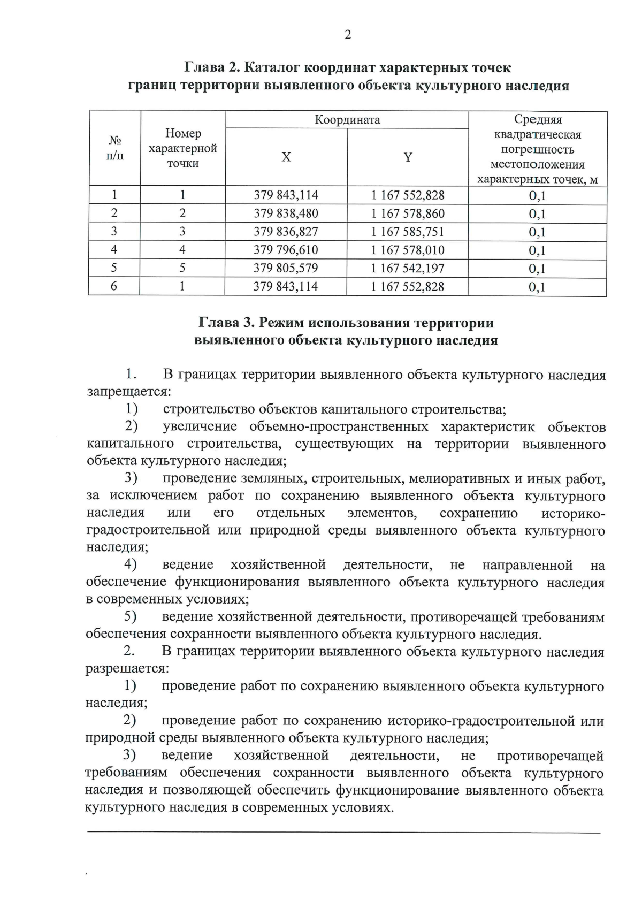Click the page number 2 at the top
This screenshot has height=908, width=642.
(348, 35)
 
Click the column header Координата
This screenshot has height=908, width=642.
(347, 120)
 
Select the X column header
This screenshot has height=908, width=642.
(286, 157)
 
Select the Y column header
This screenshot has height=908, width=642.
(408, 157)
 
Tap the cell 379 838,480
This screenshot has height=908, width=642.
(286, 213)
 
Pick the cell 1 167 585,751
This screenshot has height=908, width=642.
(408, 232)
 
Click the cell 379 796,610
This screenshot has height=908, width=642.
(286, 250)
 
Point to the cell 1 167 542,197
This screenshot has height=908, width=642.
(408, 268)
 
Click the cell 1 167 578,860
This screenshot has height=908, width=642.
(408, 213)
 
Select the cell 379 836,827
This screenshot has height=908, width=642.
(286, 232)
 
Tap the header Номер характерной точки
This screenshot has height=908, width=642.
(183, 148)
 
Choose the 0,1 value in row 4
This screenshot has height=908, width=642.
(537, 250)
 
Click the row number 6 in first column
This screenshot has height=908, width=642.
(114, 286)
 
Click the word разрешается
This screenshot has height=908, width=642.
(127, 669)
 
